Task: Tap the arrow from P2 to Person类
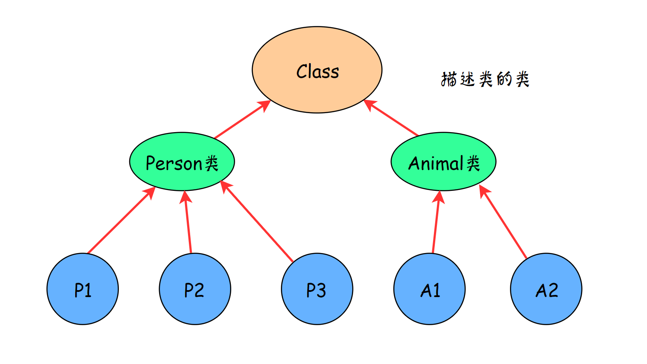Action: point(188,222)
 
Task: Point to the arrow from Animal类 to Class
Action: point(391,118)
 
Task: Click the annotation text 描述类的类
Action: point(485,79)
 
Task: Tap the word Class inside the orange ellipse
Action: point(318,72)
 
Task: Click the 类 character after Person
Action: point(211,164)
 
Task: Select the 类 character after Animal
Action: point(473,164)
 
